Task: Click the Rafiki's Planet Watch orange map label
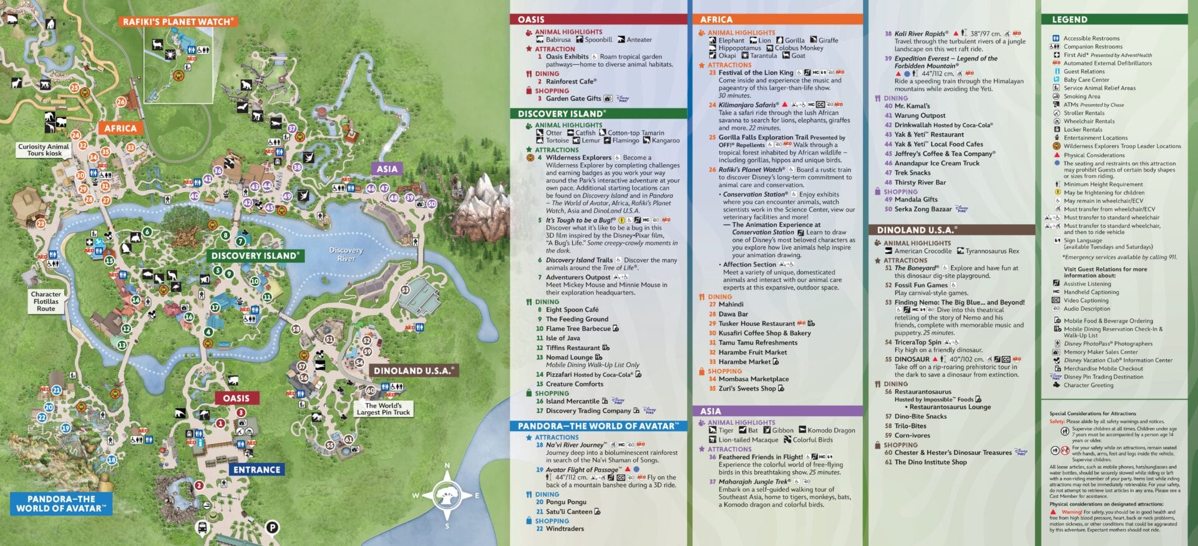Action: pos(178,21)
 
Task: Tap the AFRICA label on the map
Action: pos(120,128)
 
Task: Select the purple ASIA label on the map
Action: pos(387,168)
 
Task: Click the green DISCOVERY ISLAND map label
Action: pos(255,255)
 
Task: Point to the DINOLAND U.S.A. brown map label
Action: pos(412,371)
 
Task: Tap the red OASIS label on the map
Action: pos(236,398)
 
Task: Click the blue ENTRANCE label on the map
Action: pos(256,469)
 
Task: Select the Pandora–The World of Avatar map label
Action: pos(61,504)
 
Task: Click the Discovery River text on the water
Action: pos(346,254)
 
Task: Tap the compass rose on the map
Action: pos(447,495)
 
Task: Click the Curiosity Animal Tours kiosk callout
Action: pos(44,150)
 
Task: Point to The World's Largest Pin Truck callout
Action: pos(383,409)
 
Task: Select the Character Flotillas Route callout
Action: pos(46,301)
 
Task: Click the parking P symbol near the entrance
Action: pos(272,527)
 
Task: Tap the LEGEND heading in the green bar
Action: pos(1069,19)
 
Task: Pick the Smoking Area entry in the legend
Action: pos(1081,96)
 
